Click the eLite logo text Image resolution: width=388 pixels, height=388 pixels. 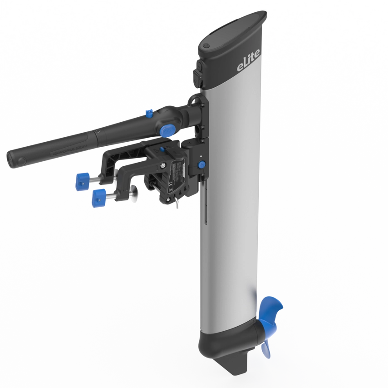(x=248, y=65)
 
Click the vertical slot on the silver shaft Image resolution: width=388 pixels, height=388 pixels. (x=206, y=204)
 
